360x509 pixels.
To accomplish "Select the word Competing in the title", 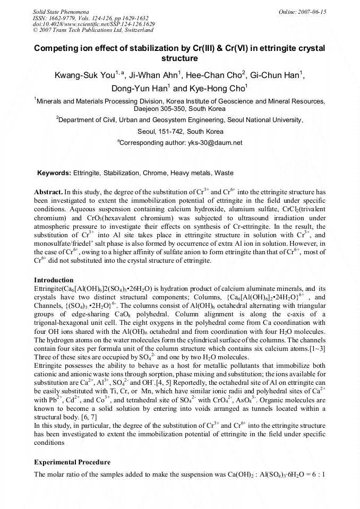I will click(57, 48).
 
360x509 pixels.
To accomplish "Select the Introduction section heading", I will click(54, 280).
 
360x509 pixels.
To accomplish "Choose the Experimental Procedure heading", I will click(72, 462).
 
